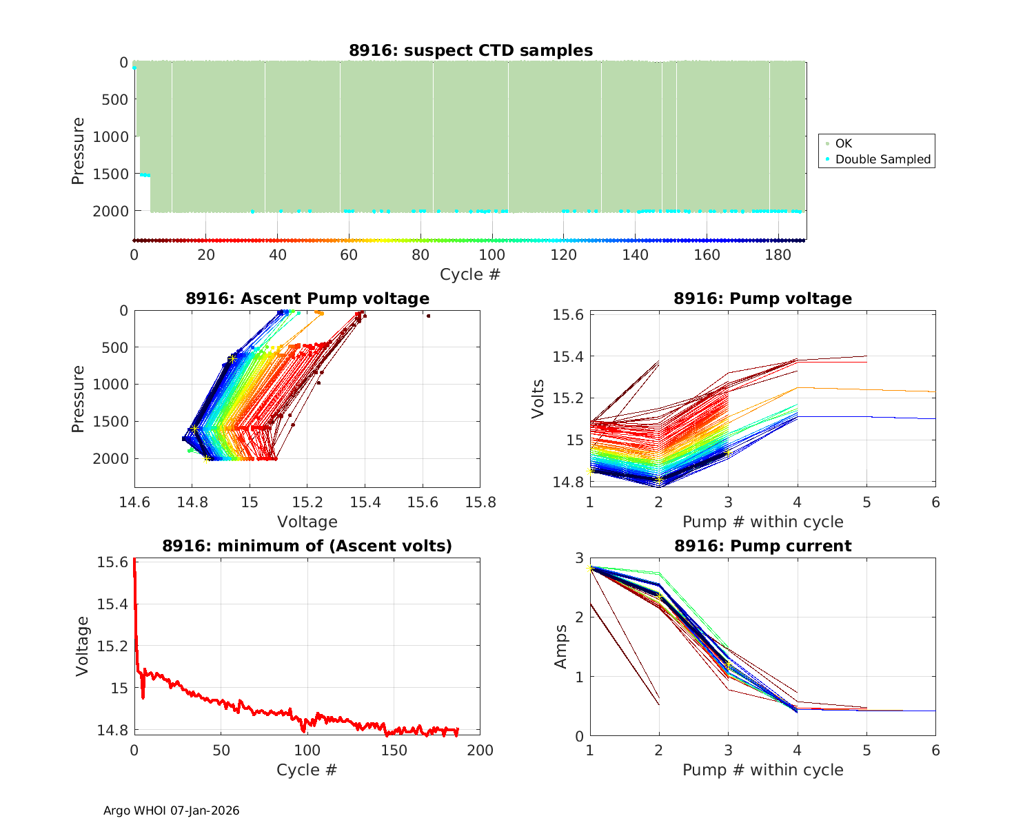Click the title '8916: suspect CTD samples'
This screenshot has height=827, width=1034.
[x=470, y=50]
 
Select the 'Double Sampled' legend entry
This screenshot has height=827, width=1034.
[x=882, y=159]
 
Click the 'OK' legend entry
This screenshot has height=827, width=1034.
[x=843, y=143]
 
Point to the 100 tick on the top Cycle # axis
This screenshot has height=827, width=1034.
[x=492, y=255]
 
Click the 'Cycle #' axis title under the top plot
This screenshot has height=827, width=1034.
[x=470, y=274]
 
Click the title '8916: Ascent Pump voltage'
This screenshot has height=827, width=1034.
[x=307, y=298]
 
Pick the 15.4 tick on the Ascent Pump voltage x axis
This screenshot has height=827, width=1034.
[x=365, y=502]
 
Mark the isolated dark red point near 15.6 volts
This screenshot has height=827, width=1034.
[x=428, y=316]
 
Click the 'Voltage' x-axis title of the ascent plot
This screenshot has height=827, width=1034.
[x=307, y=522]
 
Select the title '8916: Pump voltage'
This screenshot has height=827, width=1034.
[x=762, y=298]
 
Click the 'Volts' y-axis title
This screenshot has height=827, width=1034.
[x=538, y=398]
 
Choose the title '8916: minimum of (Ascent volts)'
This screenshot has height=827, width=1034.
[x=307, y=546]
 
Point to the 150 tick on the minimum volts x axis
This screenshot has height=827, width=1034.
[x=394, y=750]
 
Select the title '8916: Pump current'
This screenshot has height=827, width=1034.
[x=762, y=546]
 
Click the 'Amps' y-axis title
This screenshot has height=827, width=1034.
[x=562, y=646]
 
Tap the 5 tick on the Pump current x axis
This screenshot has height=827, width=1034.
[x=866, y=750]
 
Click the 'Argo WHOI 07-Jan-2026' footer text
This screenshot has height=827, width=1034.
[x=171, y=810]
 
